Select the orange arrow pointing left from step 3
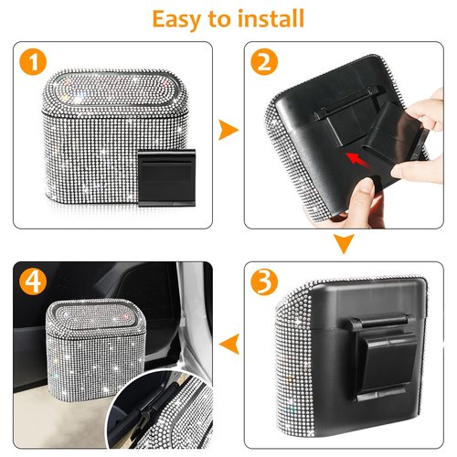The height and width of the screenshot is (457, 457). coord(232,344)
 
